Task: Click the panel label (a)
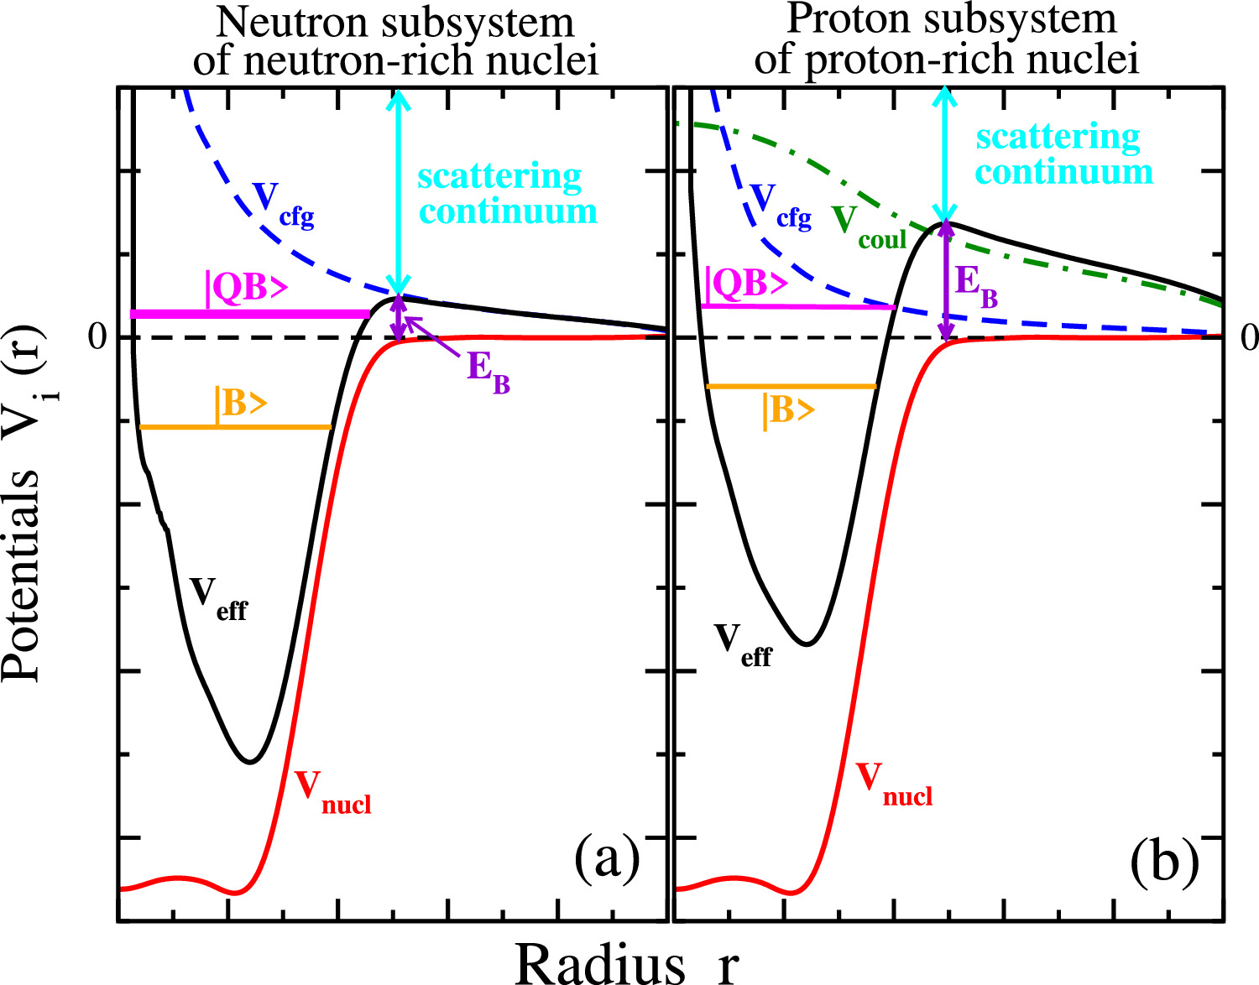[607, 859]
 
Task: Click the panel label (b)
[1163, 862]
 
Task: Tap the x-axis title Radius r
[625, 963]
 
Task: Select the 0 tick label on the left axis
[98, 337]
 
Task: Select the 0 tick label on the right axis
[1249, 337]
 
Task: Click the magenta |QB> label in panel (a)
[247, 288]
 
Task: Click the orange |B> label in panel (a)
[241, 404]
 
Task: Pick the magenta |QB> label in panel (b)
[745, 284]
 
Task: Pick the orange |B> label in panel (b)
[788, 410]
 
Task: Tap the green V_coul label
[870, 227]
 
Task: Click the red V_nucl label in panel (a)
[332, 792]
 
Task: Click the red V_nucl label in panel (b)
[894, 784]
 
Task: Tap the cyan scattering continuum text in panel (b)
[1063, 154]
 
